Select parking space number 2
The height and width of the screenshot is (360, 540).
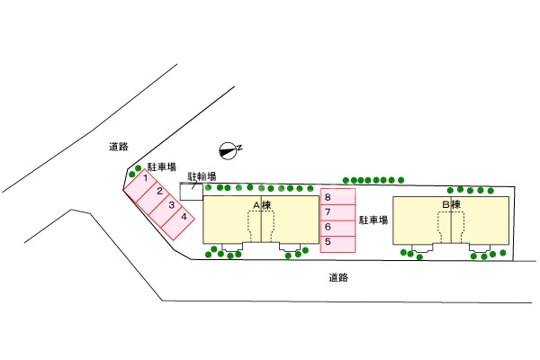pos(157,192)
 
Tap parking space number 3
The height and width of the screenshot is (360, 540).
pos(170,204)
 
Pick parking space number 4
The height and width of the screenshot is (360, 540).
pos(183,217)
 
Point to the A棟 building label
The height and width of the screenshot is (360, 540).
pos(262,206)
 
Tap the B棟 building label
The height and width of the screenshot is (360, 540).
pos(450,205)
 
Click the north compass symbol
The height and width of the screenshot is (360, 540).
pos(230,149)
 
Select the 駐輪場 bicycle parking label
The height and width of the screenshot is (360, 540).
pos(201,176)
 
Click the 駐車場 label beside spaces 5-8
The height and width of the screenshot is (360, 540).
pos(373,220)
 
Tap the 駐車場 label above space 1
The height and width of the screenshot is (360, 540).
pos(161,167)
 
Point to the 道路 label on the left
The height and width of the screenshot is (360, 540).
pos(117,146)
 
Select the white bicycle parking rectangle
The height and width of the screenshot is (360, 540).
pos(191,192)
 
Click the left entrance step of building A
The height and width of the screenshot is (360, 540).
pos(232,247)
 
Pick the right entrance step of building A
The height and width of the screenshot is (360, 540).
pos(290,247)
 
